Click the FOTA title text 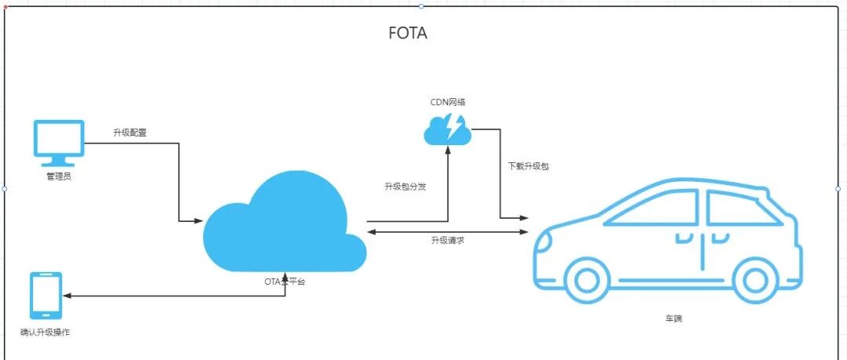(408, 34)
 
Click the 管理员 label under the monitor (59, 177)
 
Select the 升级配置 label (130, 133)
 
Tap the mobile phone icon (45, 296)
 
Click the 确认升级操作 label (45, 333)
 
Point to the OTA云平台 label (284, 281)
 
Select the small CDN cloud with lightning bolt (448, 129)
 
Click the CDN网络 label (448, 102)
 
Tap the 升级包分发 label (405, 187)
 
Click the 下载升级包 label (523, 166)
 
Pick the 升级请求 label (447, 240)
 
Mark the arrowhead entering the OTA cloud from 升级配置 (198, 221)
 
